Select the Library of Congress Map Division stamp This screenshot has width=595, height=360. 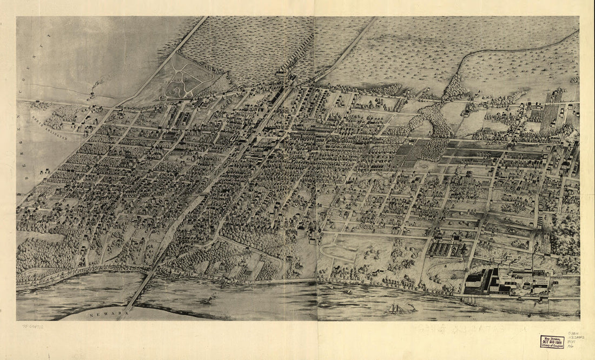tap(552, 342)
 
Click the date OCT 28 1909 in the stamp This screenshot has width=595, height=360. tap(552, 342)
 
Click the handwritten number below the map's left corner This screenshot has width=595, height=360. tap(33, 326)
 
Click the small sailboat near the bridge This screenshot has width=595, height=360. tap(209, 298)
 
